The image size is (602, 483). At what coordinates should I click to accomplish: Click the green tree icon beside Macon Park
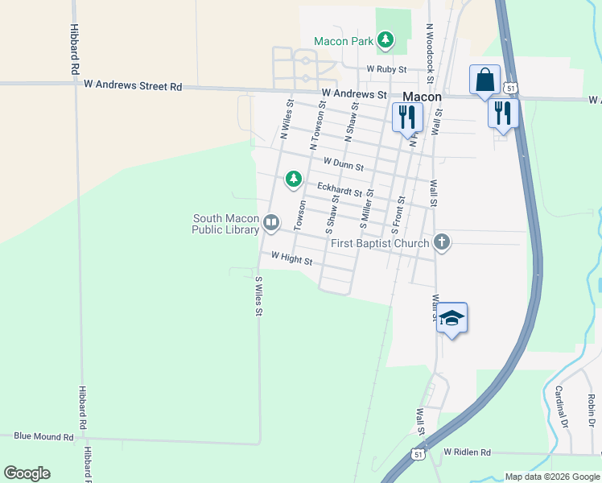386,39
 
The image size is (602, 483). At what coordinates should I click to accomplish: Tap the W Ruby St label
387,69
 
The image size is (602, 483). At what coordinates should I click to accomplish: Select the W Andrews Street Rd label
130,86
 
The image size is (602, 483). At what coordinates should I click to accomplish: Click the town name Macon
422,97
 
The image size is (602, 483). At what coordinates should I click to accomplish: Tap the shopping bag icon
485,80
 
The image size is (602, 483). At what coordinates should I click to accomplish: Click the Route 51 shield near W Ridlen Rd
418,455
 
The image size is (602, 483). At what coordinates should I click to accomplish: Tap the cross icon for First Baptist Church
441,242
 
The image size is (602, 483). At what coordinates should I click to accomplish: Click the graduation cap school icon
452,318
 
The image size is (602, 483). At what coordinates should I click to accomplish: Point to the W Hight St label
291,258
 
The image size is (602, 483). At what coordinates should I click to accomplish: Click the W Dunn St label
344,164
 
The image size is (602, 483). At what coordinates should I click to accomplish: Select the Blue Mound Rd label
43,436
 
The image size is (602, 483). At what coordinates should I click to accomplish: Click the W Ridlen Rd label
467,452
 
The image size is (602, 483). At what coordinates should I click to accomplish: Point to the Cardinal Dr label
562,407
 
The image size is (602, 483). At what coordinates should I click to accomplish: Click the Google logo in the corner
27,473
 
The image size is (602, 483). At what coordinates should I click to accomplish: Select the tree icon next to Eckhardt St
294,179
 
